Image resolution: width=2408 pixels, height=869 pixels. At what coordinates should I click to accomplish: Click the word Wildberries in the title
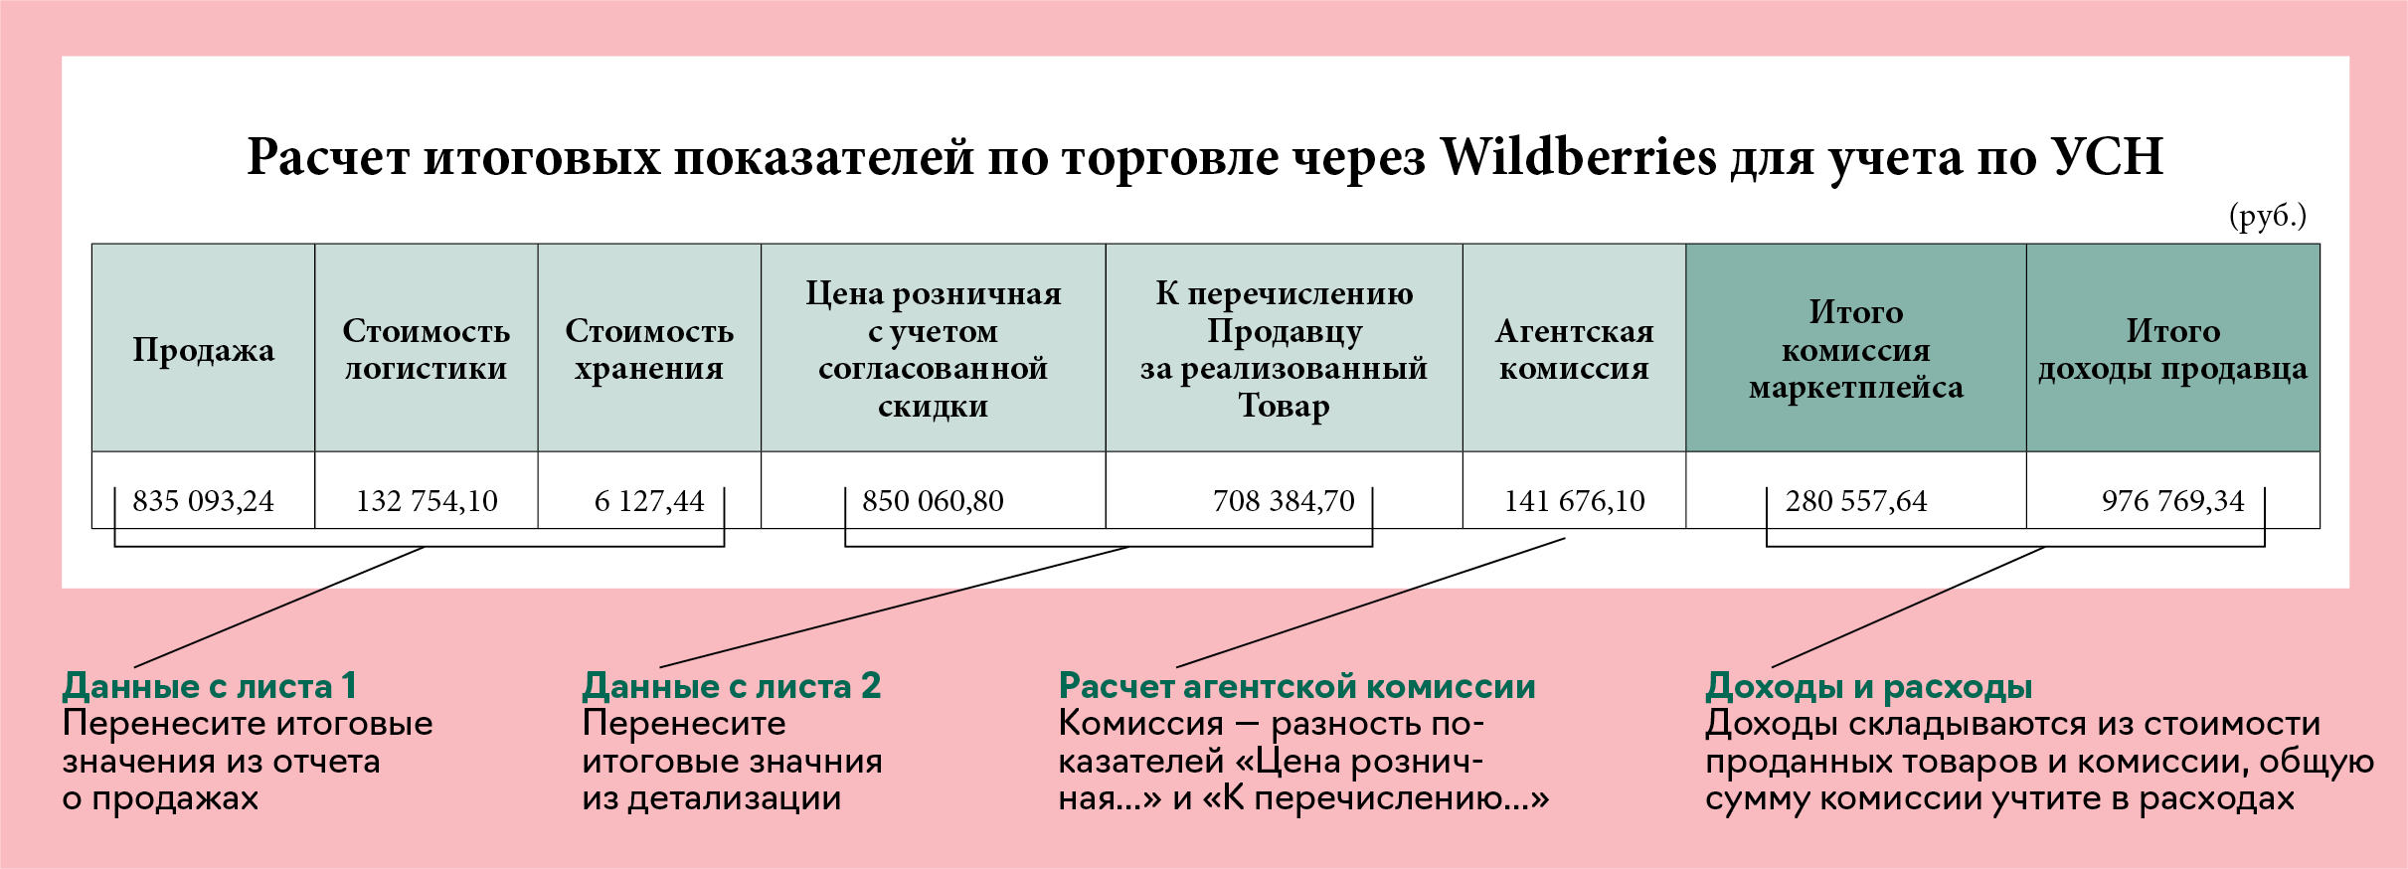1579,157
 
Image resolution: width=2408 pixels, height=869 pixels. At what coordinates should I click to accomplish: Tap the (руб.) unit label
2268,216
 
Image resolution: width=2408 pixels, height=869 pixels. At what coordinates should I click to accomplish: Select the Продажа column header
204,350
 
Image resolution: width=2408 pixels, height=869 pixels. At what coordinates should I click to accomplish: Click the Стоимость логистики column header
427,349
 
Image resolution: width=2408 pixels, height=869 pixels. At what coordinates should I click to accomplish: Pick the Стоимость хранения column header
649,349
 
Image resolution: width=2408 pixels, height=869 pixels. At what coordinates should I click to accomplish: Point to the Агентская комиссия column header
1575,349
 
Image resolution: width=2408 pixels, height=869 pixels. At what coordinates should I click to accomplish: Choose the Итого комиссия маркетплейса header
1856,349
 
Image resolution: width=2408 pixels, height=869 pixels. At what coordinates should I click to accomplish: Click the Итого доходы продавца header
2173,349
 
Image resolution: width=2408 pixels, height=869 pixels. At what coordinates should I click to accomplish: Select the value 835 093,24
204,500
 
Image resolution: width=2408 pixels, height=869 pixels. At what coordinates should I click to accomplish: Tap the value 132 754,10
427,500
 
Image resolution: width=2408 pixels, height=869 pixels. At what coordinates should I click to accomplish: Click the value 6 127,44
649,500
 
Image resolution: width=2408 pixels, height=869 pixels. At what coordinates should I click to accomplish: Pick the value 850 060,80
934,500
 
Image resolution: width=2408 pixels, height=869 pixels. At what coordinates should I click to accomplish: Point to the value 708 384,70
1284,500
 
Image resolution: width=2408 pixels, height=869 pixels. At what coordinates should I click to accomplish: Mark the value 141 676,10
1575,500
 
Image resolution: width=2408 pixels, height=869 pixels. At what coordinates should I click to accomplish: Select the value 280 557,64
1856,500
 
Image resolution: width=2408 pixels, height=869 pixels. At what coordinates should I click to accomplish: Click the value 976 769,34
2173,500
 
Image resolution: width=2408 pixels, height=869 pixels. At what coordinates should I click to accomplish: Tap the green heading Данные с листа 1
210,686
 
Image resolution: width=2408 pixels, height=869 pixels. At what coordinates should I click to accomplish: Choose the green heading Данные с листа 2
732,686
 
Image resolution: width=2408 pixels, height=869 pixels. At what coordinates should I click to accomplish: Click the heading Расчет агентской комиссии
1297,686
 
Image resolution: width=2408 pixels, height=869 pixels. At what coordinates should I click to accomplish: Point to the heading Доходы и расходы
1869,686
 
